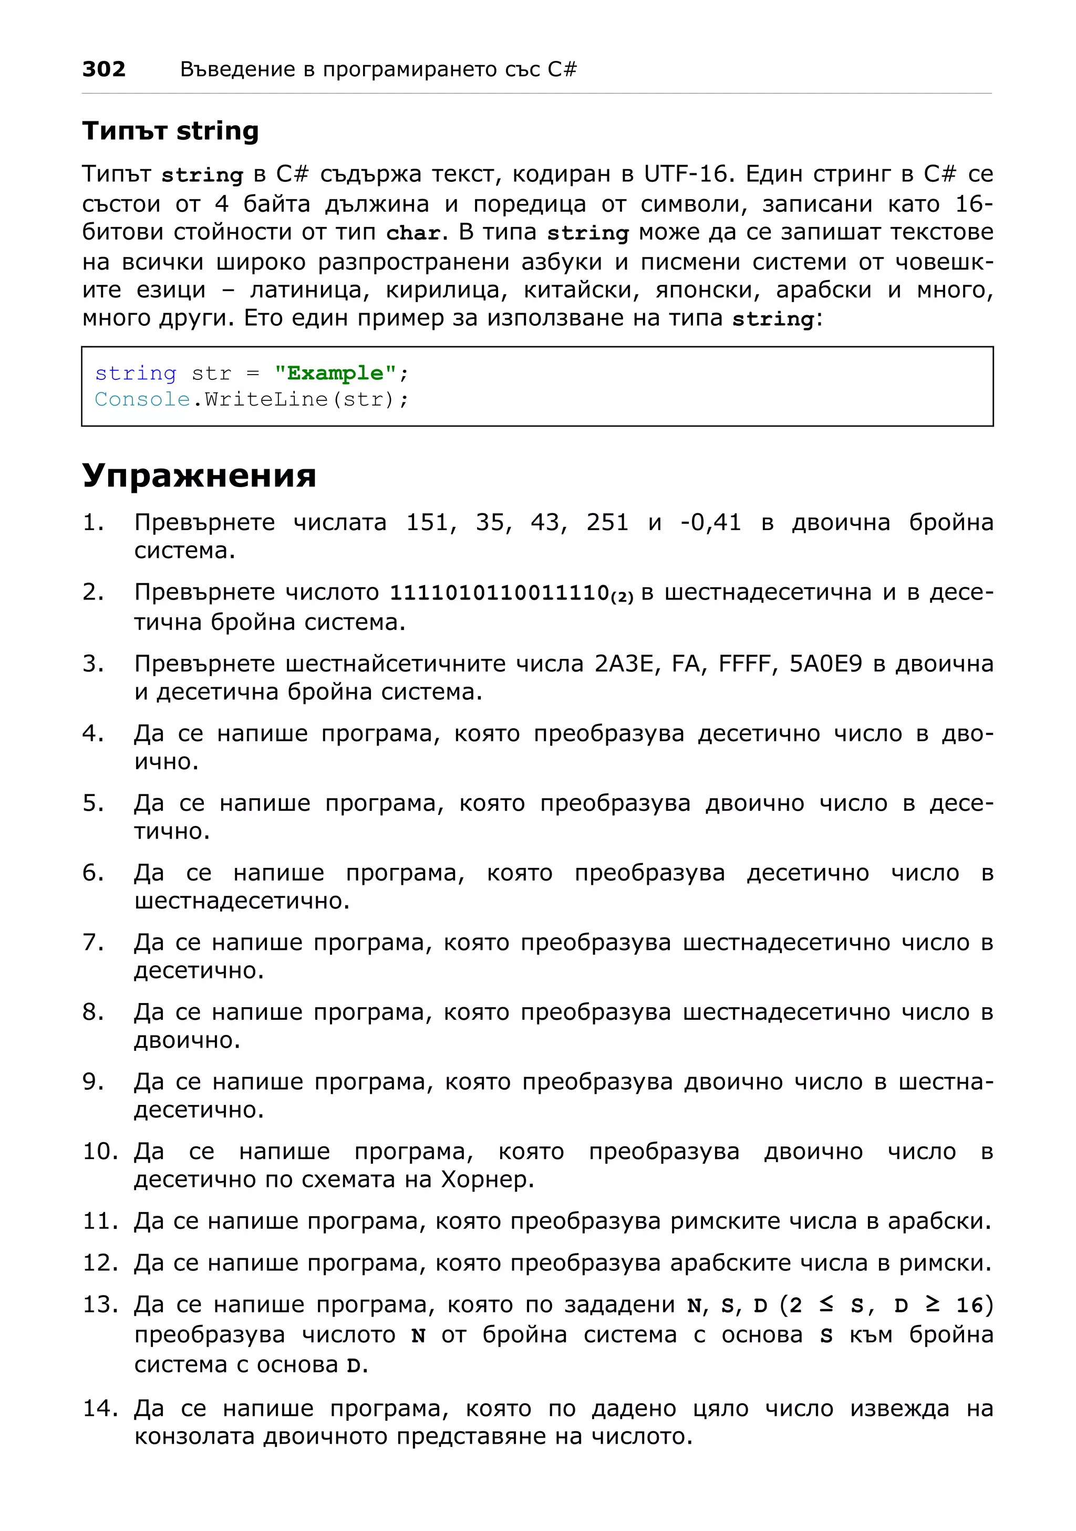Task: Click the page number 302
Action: (x=104, y=69)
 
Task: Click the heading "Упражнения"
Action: (x=199, y=475)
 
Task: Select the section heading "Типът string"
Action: (x=170, y=131)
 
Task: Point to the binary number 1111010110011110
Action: (x=499, y=592)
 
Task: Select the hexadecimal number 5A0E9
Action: (x=825, y=664)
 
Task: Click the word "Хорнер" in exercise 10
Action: (x=486, y=1180)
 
